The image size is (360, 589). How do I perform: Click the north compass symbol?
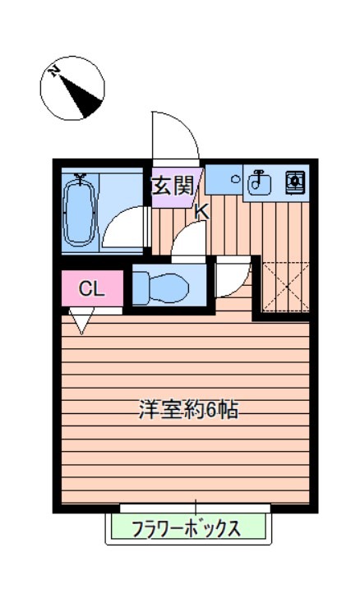[72, 87]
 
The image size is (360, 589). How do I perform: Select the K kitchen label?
[201, 211]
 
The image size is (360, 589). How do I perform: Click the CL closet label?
[90, 288]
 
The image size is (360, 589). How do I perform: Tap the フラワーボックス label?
[187, 528]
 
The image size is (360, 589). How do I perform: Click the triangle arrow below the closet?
[81, 321]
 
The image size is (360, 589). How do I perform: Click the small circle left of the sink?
[235, 178]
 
